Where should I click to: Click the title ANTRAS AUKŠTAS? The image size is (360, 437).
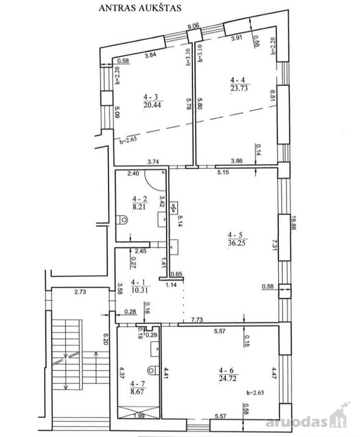[x=140, y=8]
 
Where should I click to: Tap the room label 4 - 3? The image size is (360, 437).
[x=151, y=97]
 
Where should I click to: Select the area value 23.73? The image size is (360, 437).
[x=239, y=88]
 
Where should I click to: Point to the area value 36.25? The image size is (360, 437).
[x=237, y=243]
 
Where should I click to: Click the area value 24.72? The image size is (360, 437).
[x=228, y=378]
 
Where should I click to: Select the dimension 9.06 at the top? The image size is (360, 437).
[x=193, y=26]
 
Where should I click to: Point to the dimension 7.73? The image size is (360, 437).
[x=197, y=319]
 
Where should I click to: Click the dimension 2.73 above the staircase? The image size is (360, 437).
[x=80, y=292]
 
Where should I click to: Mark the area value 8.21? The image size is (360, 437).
[x=139, y=206]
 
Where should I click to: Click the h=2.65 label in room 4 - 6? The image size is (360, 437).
[x=255, y=393]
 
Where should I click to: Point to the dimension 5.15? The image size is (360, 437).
[x=223, y=172]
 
